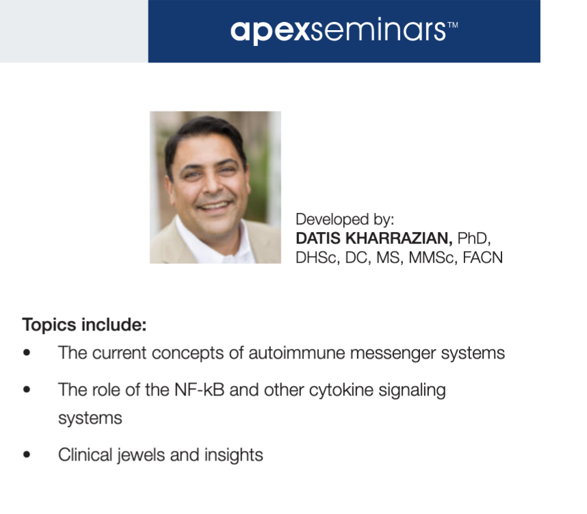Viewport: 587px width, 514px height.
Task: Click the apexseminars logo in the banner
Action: (x=343, y=30)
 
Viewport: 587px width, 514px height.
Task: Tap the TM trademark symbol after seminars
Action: (x=453, y=25)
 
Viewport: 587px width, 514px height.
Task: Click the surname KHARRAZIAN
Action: (x=399, y=238)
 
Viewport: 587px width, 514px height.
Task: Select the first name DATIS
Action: (x=318, y=238)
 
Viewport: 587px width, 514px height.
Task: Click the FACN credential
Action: (x=482, y=258)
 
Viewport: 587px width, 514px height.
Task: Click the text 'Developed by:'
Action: (x=345, y=220)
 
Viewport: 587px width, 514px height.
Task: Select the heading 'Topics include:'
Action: (x=84, y=324)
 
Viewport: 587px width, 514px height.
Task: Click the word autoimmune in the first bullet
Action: (x=296, y=353)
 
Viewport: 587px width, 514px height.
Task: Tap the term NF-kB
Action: (x=200, y=389)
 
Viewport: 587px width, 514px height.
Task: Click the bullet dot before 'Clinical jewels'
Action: (x=27, y=455)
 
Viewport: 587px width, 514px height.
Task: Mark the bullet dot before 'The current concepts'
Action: (x=27, y=353)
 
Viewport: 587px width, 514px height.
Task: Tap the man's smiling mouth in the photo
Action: (x=215, y=206)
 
